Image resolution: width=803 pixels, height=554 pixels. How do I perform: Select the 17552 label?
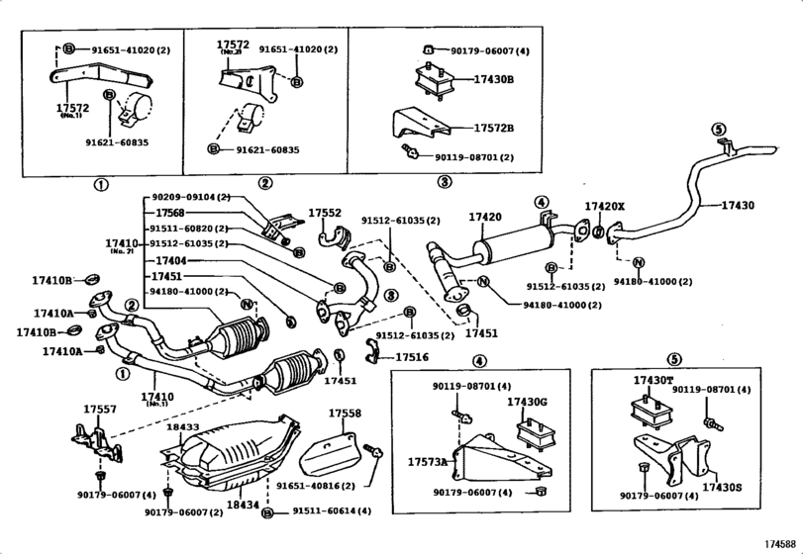pyautogui.click(x=324, y=213)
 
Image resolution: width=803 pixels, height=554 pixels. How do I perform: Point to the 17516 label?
pyautogui.click(x=412, y=356)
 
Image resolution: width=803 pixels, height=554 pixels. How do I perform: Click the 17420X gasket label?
pyautogui.click(x=605, y=207)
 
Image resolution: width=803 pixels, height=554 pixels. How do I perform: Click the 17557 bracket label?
pyautogui.click(x=99, y=409)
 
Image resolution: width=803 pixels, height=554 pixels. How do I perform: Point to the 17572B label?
pyautogui.click(x=494, y=129)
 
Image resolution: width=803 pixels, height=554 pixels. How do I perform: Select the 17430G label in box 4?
pyautogui.click(x=527, y=402)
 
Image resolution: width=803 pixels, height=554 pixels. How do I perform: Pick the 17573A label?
pyautogui.click(x=427, y=462)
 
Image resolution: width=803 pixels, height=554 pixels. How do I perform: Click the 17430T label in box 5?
pyautogui.click(x=653, y=380)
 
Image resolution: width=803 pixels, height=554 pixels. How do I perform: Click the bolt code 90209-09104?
pyautogui.click(x=190, y=197)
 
